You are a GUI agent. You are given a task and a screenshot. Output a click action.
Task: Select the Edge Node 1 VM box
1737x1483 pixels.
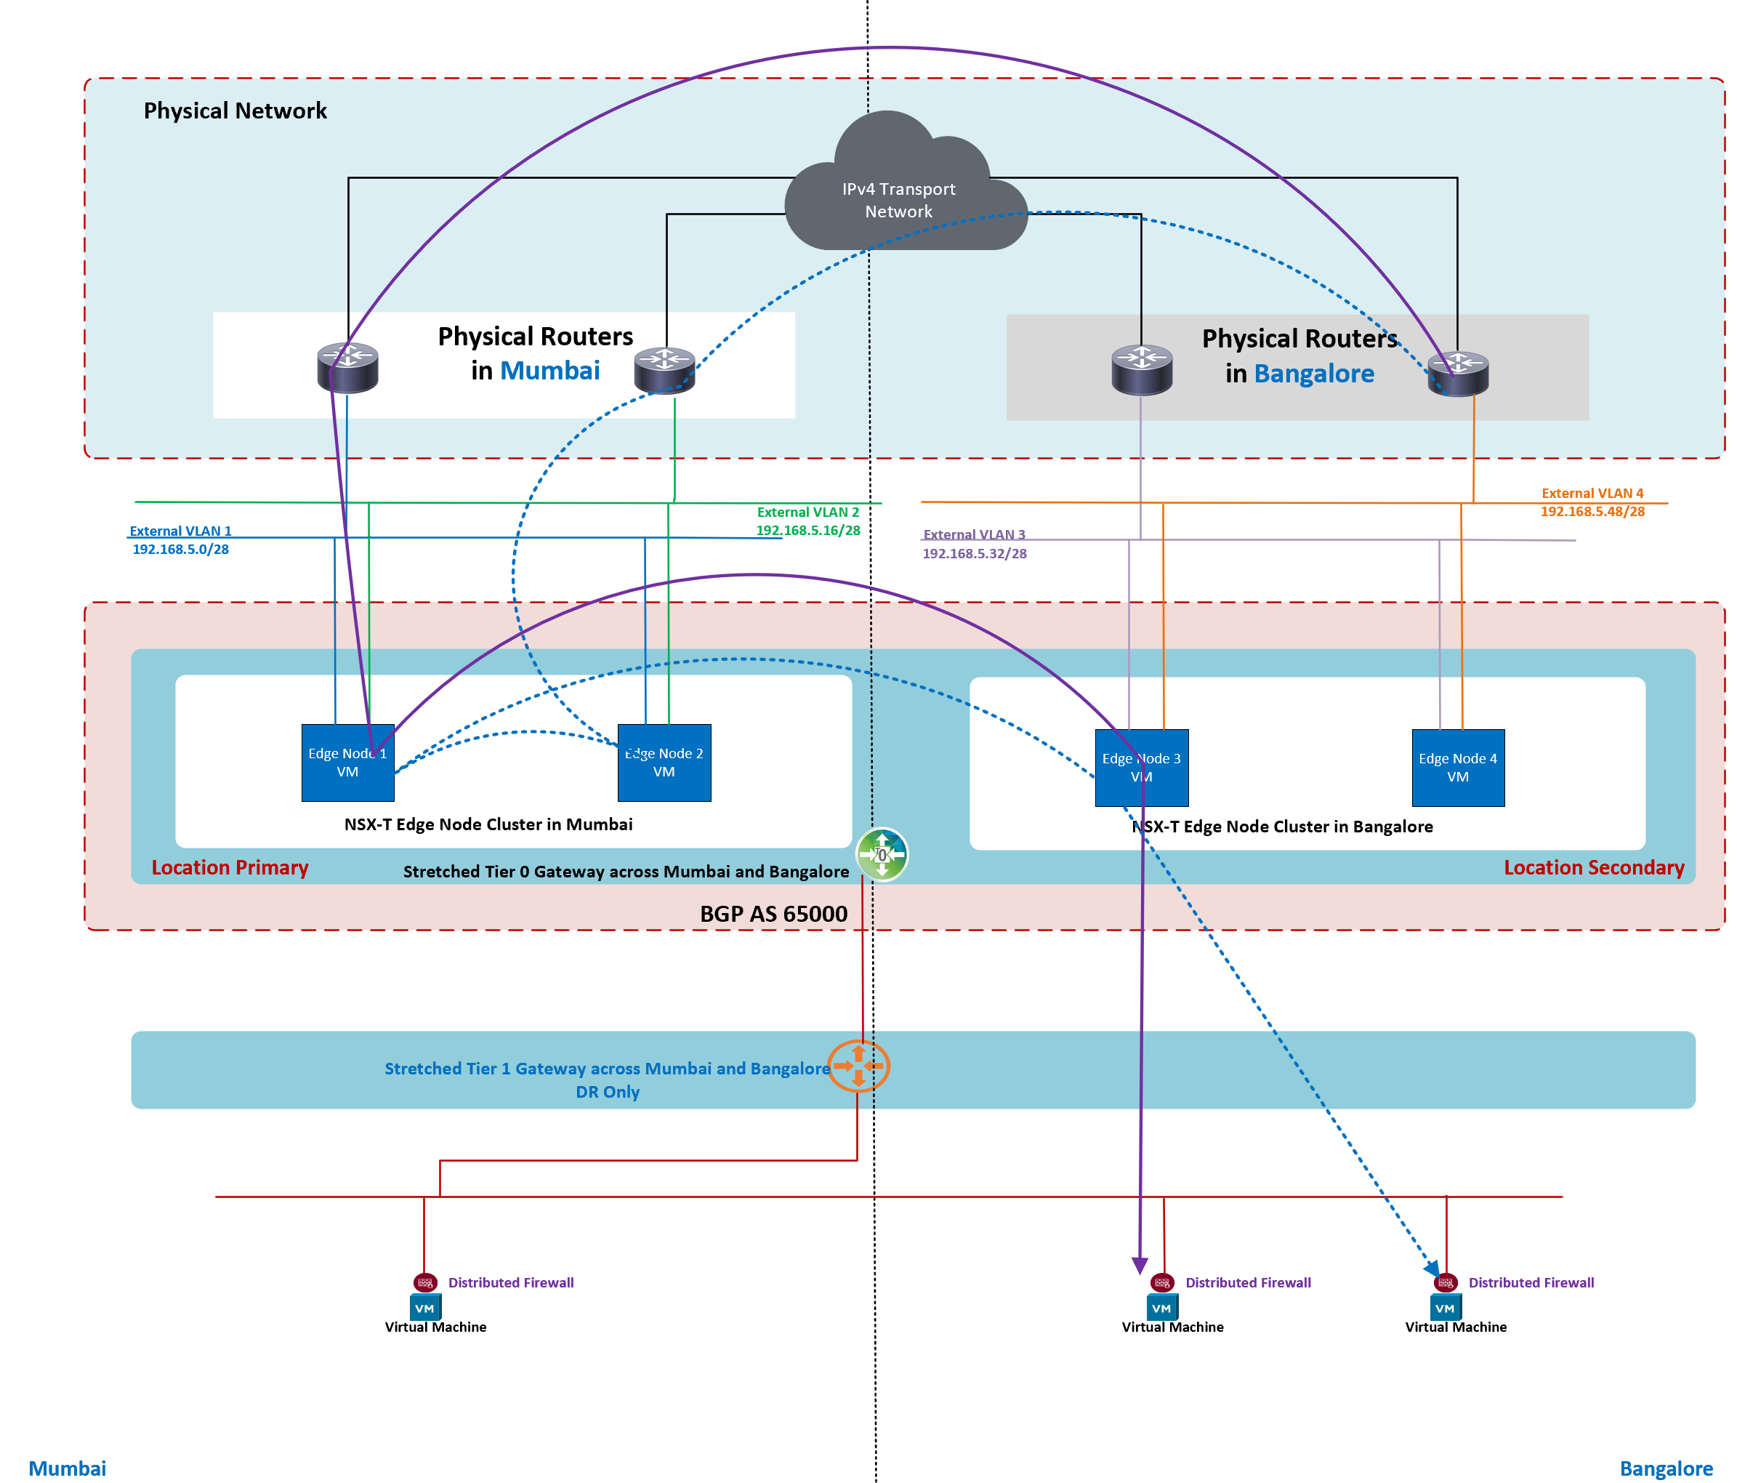click(x=347, y=762)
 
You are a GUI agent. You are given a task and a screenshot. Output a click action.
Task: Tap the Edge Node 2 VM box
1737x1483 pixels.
click(x=664, y=762)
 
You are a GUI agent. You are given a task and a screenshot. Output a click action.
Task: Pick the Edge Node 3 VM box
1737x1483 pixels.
click(x=1141, y=767)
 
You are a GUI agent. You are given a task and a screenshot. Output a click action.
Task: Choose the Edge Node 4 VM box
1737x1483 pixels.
click(x=1458, y=767)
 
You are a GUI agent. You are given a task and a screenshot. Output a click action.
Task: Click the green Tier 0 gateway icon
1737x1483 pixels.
click(x=882, y=854)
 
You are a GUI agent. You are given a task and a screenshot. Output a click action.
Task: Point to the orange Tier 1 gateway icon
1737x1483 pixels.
click(x=858, y=1066)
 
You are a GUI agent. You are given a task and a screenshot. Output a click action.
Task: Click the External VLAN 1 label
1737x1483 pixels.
click(x=180, y=531)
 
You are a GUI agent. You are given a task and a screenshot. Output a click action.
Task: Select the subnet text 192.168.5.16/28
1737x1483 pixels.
click(x=808, y=530)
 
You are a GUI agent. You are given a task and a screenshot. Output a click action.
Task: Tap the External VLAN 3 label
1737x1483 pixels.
click(x=974, y=534)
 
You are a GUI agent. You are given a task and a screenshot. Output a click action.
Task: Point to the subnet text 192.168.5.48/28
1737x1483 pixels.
click(x=1592, y=511)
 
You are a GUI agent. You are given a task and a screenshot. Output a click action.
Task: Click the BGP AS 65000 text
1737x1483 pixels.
click(x=773, y=913)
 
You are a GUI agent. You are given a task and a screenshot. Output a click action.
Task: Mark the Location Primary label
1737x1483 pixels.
click(x=230, y=867)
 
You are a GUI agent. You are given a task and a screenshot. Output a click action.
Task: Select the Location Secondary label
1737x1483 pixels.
click(x=1594, y=867)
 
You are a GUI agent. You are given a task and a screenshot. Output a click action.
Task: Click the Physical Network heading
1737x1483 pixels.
click(x=235, y=110)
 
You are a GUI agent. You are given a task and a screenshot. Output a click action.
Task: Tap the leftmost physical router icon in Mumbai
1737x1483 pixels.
click(x=347, y=367)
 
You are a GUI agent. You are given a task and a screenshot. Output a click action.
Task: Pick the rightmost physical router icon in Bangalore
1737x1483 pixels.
click(x=1458, y=373)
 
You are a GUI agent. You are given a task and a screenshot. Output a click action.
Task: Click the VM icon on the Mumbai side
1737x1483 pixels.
click(x=425, y=1307)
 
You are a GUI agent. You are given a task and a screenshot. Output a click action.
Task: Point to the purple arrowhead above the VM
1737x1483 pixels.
click(x=1140, y=1265)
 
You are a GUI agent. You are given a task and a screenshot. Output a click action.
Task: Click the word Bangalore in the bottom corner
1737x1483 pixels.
click(x=1666, y=1468)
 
